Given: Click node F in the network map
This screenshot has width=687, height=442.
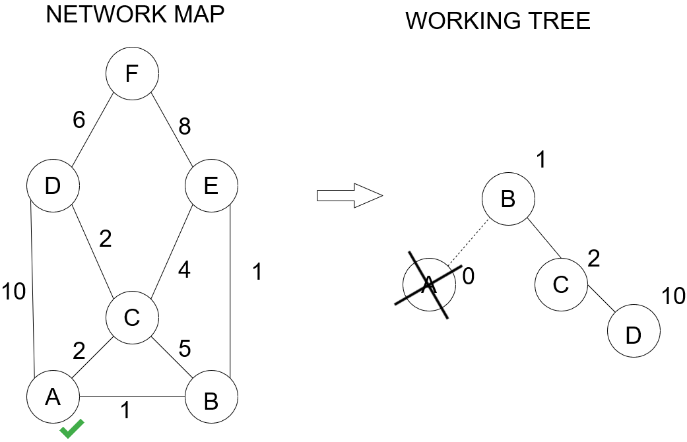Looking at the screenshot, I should [132, 74].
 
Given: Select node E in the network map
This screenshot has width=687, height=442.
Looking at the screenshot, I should [211, 187].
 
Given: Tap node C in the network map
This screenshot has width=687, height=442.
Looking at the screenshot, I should [132, 319].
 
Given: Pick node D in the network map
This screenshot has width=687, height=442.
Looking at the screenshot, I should [53, 187].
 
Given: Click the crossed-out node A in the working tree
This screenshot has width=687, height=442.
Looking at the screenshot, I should [429, 284].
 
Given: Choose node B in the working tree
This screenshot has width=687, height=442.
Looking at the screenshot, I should [507, 199].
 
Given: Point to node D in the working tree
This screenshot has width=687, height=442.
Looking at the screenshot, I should [633, 335].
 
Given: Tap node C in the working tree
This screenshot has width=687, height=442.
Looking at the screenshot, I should [560, 284].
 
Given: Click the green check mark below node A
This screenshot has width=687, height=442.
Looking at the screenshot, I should [72, 429].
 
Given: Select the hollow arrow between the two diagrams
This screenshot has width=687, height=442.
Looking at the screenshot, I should [350, 197].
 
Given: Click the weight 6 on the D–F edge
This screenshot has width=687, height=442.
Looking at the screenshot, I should [80, 119].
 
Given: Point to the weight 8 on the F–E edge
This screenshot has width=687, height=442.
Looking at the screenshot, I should [185, 126].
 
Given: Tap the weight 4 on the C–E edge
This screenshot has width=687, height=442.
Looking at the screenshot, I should [185, 270].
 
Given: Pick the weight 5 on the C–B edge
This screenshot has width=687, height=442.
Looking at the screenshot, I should [185, 348].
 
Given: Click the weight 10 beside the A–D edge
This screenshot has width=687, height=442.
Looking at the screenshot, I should [15, 291].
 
